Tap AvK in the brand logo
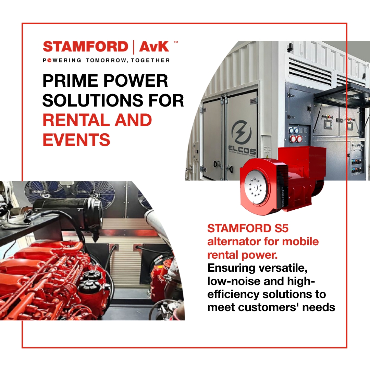154,47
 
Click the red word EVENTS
76,140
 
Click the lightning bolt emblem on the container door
242,132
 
